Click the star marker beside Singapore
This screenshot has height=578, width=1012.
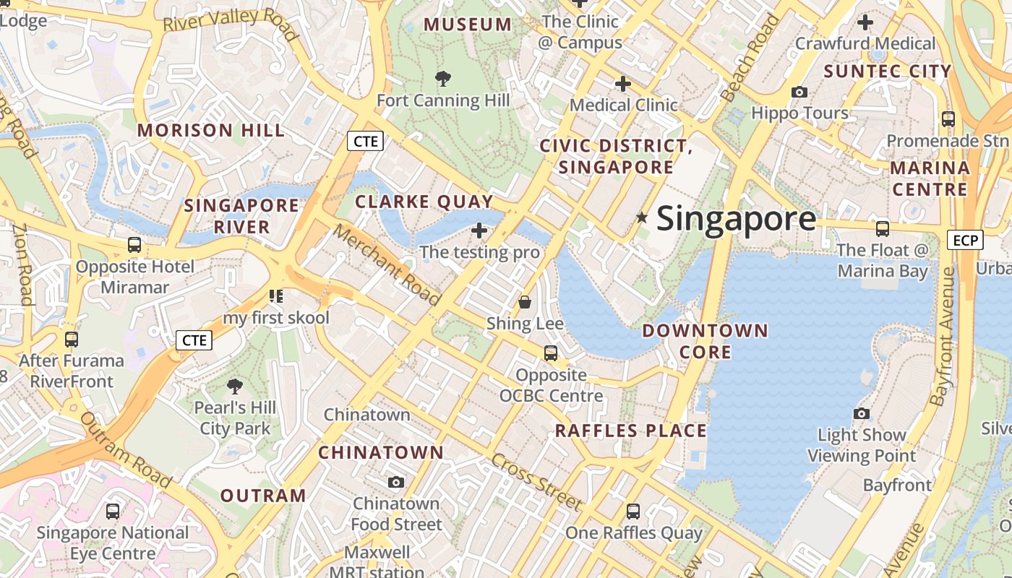(x=641, y=217)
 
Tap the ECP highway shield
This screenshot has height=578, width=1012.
(x=965, y=240)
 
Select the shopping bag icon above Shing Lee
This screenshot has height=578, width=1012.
(x=525, y=302)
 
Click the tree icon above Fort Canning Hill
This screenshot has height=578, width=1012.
(x=443, y=78)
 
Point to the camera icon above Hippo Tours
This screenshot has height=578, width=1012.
(x=799, y=92)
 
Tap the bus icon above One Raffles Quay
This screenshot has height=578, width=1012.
(x=633, y=512)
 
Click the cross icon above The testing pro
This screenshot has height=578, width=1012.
(x=479, y=230)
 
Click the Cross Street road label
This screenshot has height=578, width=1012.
(x=536, y=482)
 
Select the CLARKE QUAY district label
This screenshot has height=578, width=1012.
(x=424, y=202)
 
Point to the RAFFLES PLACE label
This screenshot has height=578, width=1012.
(x=630, y=431)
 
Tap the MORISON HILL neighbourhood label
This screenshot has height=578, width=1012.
(x=211, y=131)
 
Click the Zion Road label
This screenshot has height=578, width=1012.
(x=22, y=264)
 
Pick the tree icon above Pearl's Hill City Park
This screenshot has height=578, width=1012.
(x=235, y=386)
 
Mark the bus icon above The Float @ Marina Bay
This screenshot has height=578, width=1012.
(x=882, y=229)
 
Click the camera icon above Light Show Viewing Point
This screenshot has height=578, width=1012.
(x=861, y=413)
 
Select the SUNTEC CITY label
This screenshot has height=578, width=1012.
(x=888, y=72)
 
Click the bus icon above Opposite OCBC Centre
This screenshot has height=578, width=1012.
(x=551, y=353)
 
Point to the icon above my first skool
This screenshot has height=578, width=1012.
(x=275, y=296)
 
